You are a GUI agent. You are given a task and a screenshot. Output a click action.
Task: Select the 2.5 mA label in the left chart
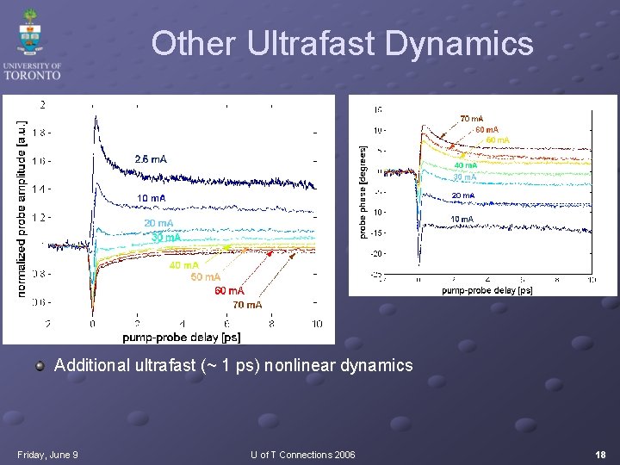tap(151, 159)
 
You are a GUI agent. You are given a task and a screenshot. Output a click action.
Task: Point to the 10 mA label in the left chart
tap(152, 199)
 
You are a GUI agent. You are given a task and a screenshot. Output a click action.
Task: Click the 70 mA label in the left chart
tap(247, 305)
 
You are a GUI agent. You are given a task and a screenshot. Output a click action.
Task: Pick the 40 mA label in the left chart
tap(183, 265)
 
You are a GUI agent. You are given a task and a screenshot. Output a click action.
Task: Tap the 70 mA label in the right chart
tap(471, 118)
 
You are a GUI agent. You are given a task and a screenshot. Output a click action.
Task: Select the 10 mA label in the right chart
tap(462, 220)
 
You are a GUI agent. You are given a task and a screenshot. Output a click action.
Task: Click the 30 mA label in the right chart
tap(464, 177)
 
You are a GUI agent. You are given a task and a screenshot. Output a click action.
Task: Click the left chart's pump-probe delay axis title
tap(181, 337)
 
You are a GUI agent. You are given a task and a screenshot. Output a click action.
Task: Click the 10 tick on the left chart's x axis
tap(317, 324)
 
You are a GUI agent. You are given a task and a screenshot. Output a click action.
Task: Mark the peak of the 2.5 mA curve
tap(95, 117)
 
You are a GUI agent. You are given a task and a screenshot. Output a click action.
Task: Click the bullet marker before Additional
tap(40, 366)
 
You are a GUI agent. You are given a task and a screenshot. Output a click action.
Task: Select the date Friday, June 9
tap(47, 455)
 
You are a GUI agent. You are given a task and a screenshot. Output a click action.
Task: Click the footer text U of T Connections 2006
tap(302, 455)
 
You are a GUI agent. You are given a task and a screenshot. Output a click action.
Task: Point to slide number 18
tap(599, 455)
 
